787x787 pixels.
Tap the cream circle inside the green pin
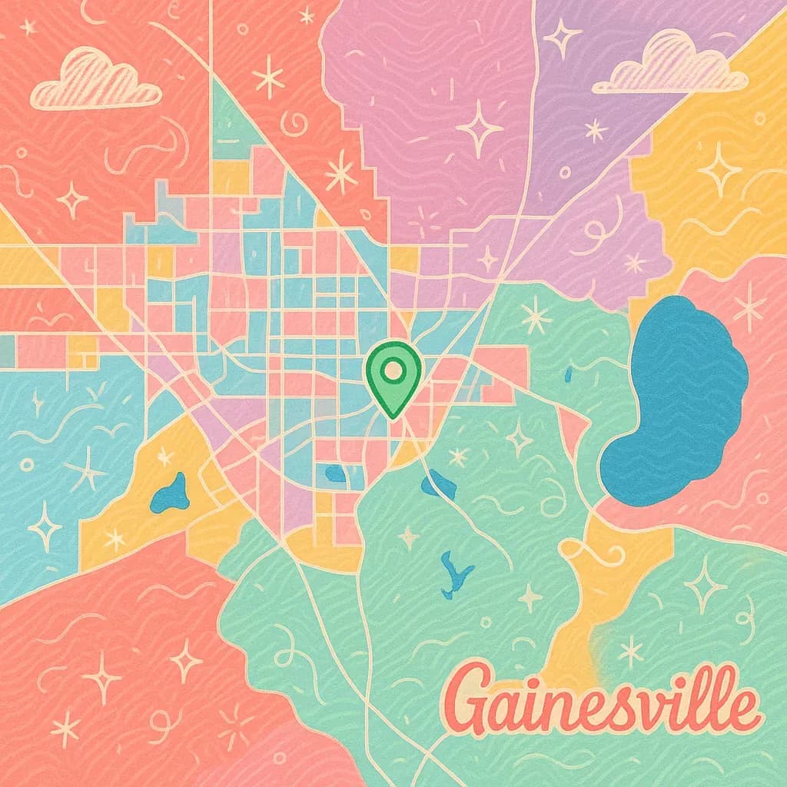point(393,370)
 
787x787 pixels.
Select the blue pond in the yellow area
point(171,494)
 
